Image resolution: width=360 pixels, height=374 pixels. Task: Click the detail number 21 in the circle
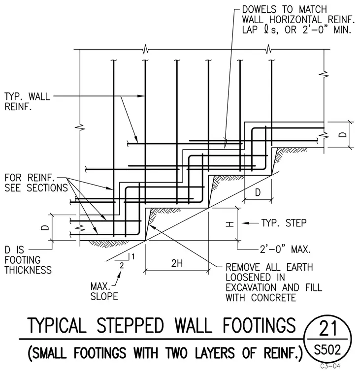(x=328, y=328)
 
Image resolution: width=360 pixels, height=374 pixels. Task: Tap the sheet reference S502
(x=327, y=350)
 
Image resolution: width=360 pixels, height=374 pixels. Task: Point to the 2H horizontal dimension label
(x=177, y=263)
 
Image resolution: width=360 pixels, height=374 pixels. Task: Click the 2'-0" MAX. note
(x=285, y=249)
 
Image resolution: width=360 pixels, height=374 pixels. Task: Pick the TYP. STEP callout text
(x=284, y=223)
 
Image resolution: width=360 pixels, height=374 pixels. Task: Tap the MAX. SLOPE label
(x=104, y=291)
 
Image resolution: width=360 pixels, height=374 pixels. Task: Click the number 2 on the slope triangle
(x=122, y=265)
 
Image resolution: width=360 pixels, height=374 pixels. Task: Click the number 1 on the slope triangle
(x=133, y=257)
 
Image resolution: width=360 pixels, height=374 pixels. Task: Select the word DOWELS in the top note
(x=259, y=9)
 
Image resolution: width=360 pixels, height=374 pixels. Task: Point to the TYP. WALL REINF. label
(x=27, y=101)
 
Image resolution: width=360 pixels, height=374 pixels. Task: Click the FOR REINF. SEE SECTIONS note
(x=36, y=183)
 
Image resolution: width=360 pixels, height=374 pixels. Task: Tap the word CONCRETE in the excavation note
(x=274, y=298)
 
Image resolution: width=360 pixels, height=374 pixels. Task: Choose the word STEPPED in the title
(x=131, y=325)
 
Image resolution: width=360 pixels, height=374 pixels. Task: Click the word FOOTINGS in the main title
(x=260, y=325)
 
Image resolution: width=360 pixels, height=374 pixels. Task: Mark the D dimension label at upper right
(x=343, y=135)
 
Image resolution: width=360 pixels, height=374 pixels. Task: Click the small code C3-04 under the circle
(x=330, y=366)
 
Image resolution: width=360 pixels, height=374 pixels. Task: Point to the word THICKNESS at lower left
(x=28, y=270)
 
